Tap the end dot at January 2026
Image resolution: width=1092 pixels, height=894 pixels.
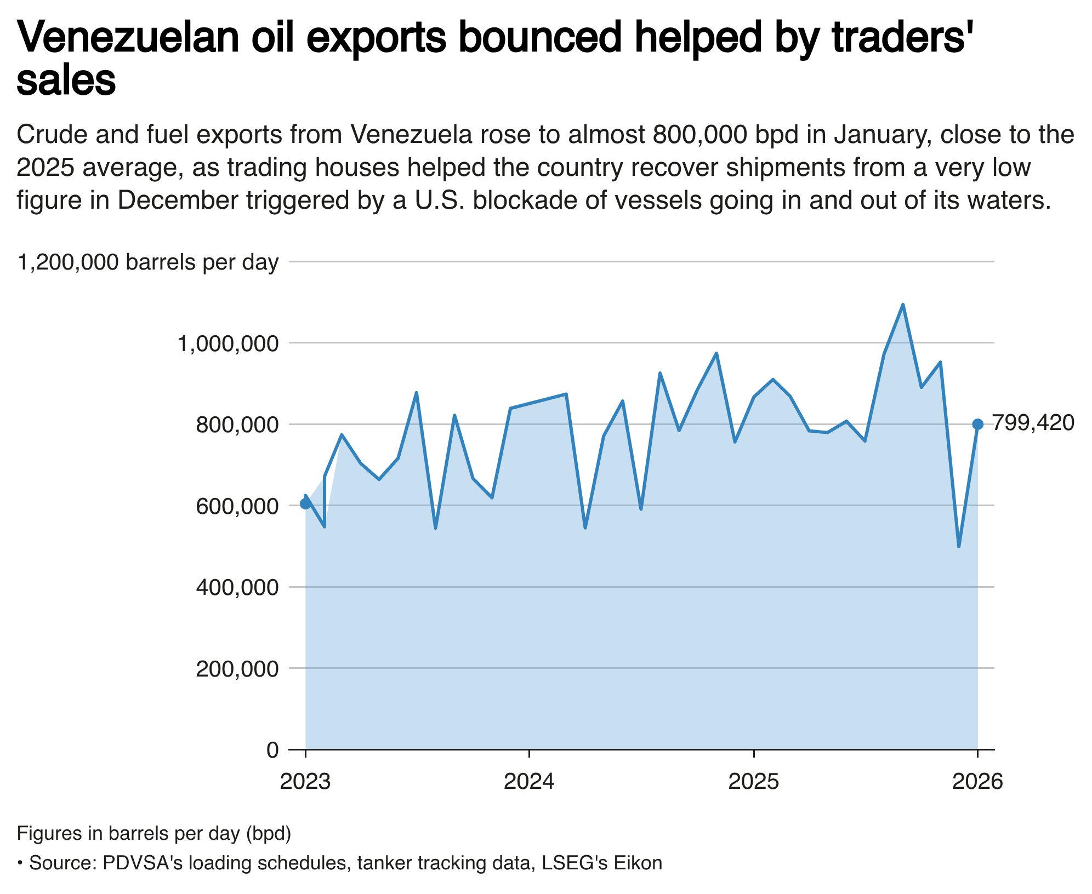(977, 424)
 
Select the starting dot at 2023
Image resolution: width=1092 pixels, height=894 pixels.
(305, 504)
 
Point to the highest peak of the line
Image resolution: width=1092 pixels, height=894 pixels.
(903, 305)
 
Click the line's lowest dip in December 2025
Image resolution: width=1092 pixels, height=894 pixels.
(959, 546)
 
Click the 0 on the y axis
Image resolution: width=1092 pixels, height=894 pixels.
(272, 749)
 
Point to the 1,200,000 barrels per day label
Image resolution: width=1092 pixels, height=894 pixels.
(148, 263)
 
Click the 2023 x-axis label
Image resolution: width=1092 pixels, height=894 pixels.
(305, 782)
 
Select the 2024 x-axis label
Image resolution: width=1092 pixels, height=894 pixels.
(529, 782)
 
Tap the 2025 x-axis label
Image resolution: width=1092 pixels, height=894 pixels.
(754, 782)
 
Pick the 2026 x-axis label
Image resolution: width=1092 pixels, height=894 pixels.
(977, 782)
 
